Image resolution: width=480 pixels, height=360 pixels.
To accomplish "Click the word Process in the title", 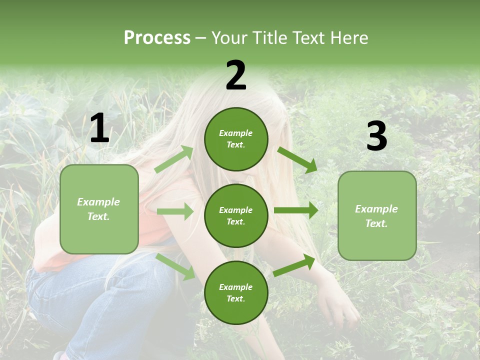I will tap(157, 38).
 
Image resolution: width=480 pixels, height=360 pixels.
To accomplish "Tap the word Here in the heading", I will tap(348, 38).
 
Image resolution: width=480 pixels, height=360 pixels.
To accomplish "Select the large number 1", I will tap(99, 128).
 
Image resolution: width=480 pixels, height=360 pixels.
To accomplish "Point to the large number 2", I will tap(236, 75).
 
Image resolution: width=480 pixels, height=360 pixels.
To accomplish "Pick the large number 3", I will tap(376, 136).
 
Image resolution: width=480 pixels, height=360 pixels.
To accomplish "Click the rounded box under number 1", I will tap(99, 209).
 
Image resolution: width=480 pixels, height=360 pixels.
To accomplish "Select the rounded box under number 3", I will tap(377, 215).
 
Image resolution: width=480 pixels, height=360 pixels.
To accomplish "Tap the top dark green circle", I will tap(236, 139).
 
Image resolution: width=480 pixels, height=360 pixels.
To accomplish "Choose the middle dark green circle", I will tap(236, 215).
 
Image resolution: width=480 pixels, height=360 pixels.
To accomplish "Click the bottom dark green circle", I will tap(236, 292).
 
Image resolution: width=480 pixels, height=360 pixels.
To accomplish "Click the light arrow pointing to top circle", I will tap(174, 159).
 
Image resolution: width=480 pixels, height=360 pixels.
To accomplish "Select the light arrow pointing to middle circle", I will tap(175, 211).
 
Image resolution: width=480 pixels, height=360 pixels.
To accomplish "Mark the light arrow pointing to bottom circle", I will tap(175, 266).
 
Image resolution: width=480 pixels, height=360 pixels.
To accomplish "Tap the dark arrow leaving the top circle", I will tap(297, 160).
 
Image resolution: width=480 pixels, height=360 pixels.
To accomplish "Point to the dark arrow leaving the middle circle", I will tap(296, 210).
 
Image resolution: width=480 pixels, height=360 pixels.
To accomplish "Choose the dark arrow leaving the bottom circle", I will tap(294, 265).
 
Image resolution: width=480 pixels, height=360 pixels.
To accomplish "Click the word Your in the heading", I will tap(231, 38).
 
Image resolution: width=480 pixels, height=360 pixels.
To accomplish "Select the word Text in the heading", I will tap(309, 38).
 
